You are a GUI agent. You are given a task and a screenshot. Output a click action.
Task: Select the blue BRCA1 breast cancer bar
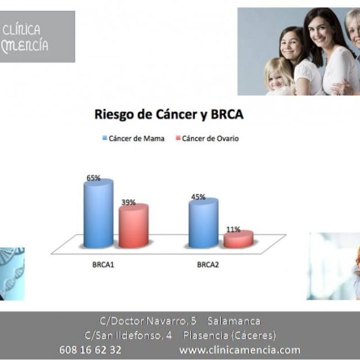[x=98, y=213]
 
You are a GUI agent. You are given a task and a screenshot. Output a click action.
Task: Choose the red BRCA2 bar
[x=239, y=239]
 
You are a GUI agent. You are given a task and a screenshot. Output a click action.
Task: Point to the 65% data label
[x=93, y=178]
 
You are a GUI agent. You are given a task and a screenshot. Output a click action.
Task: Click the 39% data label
[x=128, y=202]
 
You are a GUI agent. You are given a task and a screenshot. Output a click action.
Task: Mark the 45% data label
[x=198, y=197]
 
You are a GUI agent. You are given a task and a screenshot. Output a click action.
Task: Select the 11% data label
[x=233, y=229]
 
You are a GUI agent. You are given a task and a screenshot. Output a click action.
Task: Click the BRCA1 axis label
[x=103, y=265]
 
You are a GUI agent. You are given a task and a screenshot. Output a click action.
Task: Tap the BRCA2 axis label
[x=208, y=265]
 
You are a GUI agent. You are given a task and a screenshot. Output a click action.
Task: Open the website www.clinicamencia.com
[x=239, y=349]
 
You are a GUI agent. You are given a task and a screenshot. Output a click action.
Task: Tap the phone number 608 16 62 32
[x=90, y=349]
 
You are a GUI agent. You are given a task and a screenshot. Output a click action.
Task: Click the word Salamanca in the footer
[x=234, y=321]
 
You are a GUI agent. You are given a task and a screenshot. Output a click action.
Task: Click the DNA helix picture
[x=11, y=272]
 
